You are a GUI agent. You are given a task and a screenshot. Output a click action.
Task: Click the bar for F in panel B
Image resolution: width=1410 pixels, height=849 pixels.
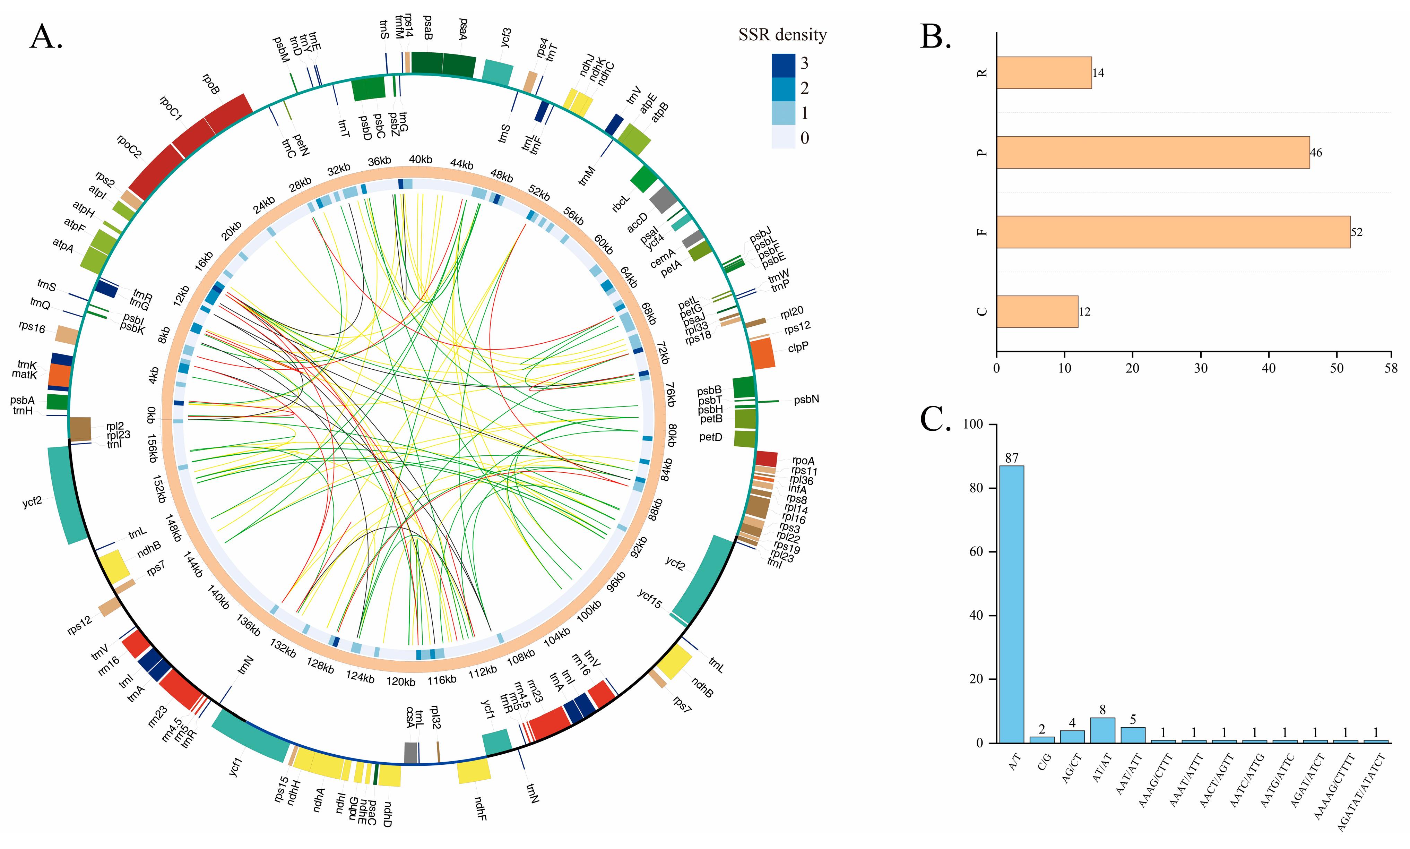(1172, 232)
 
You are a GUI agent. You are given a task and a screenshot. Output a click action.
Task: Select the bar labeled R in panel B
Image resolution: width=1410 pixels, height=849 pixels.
(1044, 72)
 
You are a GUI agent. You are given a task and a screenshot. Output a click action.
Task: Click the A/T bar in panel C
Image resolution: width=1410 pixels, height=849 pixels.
(1011, 603)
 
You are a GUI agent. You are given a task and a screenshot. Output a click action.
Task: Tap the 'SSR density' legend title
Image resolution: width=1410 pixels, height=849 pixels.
(782, 35)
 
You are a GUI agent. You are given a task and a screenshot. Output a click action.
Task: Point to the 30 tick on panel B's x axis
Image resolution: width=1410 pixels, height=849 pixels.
(1200, 368)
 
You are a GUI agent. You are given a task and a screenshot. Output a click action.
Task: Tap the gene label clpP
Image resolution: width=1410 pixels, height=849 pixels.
(798, 347)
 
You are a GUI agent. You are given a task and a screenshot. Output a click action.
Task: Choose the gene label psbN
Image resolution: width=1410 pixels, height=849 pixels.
(806, 399)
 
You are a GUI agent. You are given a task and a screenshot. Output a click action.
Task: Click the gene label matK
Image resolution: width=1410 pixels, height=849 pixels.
(24, 375)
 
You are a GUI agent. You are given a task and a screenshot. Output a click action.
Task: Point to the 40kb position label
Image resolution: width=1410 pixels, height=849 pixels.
(420, 160)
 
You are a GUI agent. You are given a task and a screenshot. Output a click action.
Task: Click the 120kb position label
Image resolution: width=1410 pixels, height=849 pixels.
(400, 681)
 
